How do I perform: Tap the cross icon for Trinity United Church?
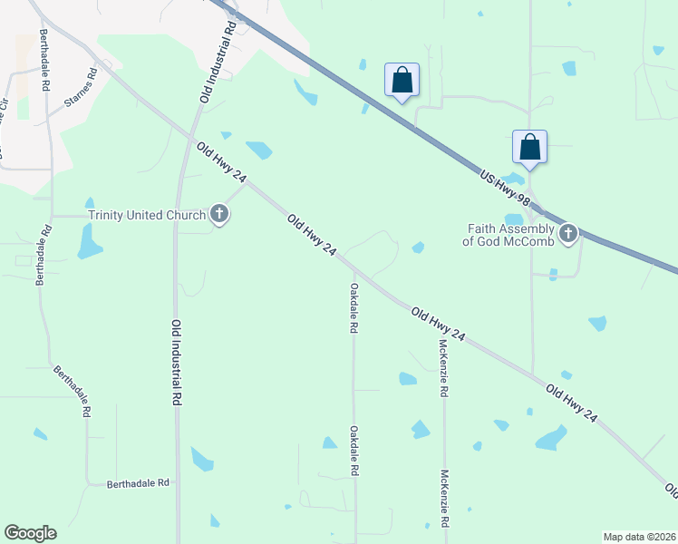point(218,215)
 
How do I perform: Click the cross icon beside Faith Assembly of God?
point(568,234)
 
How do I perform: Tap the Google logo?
point(30,533)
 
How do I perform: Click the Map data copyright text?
point(639,537)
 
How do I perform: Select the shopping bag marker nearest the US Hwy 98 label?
point(529,146)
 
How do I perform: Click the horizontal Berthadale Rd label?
point(139,484)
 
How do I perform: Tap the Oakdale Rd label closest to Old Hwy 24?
point(353,308)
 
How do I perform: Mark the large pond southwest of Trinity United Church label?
point(89,241)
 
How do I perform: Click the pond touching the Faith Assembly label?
point(514,219)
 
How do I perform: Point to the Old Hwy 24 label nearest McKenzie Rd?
point(439,325)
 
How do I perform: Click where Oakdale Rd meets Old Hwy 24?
point(354,270)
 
